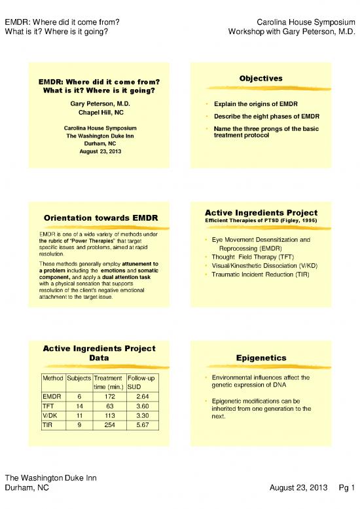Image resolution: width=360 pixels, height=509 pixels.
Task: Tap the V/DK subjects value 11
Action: pos(79,415)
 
